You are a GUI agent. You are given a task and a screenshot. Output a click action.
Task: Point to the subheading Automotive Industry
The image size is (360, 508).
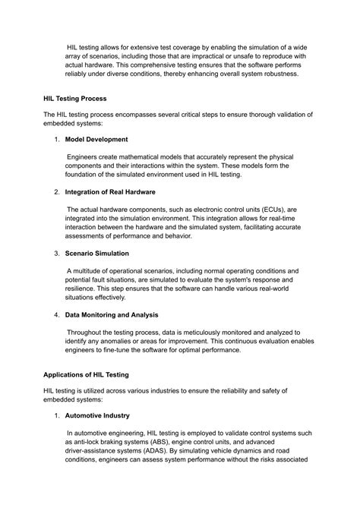point(97,415)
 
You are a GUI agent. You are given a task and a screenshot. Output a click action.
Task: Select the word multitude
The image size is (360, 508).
point(93,270)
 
